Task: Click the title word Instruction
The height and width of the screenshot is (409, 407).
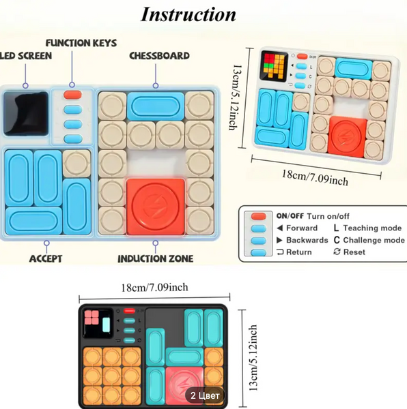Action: (x=188, y=14)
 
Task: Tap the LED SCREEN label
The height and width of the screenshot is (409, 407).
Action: (x=25, y=56)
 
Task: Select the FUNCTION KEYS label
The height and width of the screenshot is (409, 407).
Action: (x=81, y=43)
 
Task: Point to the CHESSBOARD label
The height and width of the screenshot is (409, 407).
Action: (x=159, y=56)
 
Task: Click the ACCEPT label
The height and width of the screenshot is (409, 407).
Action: (x=46, y=259)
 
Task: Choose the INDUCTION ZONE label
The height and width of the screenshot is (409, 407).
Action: (x=156, y=259)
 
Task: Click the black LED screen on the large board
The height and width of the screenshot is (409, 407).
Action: (x=26, y=113)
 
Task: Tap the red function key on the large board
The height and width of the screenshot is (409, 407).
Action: (x=72, y=95)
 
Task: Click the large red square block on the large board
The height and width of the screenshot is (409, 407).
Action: (x=156, y=207)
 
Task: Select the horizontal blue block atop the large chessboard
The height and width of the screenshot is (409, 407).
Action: (x=156, y=106)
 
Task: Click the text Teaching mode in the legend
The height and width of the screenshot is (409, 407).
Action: (x=372, y=228)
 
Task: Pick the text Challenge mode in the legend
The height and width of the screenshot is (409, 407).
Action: (x=374, y=240)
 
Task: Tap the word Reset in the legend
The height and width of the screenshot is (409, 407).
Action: (x=354, y=252)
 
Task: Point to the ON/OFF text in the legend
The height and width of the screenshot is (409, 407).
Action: (x=290, y=216)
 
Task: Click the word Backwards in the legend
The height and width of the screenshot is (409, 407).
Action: (x=307, y=240)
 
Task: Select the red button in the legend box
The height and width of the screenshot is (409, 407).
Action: (x=259, y=216)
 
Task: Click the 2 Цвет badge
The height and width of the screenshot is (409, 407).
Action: (x=205, y=395)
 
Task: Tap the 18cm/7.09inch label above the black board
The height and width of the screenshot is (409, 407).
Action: (x=154, y=288)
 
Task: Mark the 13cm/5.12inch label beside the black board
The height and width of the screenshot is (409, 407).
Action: (x=253, y=358)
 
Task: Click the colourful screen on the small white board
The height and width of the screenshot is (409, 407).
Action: (x=275, y=65)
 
